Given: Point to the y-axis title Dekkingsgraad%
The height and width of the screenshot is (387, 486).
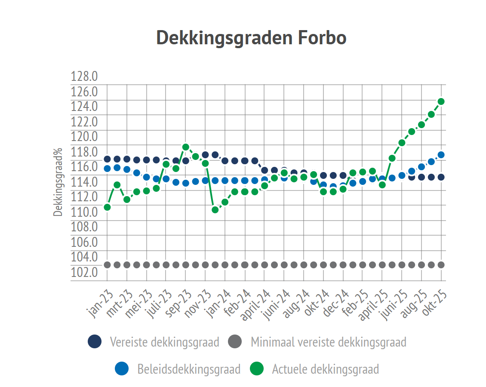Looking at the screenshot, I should click(x=57, y=183).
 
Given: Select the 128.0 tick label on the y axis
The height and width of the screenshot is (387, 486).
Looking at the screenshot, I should click(x=84, y=77).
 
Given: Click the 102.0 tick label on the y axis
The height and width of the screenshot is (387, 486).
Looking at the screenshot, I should click(x=84, y=272).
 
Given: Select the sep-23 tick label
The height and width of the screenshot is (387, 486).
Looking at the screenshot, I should click(x=179, y=304).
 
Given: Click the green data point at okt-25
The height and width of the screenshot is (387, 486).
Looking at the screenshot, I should click(x=441, y=101).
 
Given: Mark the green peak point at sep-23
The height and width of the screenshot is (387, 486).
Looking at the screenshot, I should click(x=186, y=147).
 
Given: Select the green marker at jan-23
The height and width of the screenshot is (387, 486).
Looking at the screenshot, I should click(x=107, y=207).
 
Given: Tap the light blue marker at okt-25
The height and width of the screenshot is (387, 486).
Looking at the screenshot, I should click(x=441, y=155).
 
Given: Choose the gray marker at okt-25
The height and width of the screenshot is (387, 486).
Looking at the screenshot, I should click(x=441, y=265).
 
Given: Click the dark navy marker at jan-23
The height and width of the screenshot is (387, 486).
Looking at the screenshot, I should click(x=107, y=159).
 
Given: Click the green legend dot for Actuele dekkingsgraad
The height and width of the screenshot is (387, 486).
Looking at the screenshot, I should click(x=257, y=369).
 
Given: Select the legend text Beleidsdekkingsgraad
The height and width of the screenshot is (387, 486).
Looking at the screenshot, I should click(x=189, y=369).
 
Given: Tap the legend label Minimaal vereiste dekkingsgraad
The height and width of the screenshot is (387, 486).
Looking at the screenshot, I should click(x=329, y=342).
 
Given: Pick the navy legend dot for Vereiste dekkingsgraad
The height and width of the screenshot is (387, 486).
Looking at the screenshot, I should click(x=95, y=342).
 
